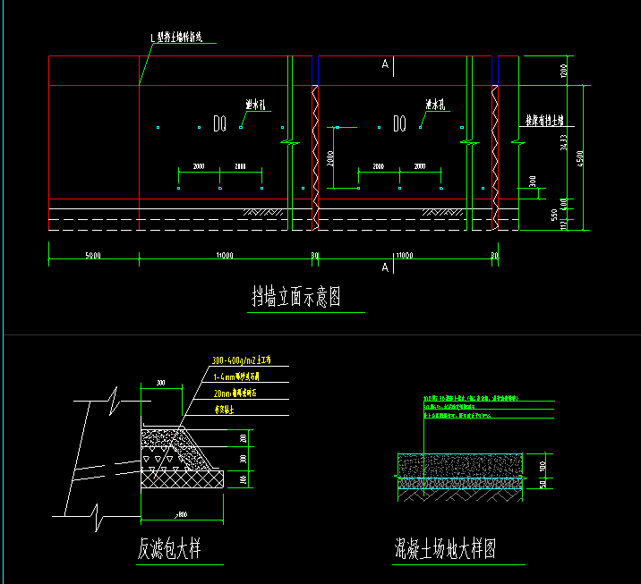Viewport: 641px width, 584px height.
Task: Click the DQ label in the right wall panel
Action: tap(400, 123)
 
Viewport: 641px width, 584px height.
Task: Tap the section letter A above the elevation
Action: tap(385, 64)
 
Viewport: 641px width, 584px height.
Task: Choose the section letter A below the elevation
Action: tap(385, 267)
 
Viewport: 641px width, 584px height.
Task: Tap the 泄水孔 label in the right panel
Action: tap(436, 105)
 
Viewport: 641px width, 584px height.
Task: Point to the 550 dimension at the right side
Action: tap(555, 216)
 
